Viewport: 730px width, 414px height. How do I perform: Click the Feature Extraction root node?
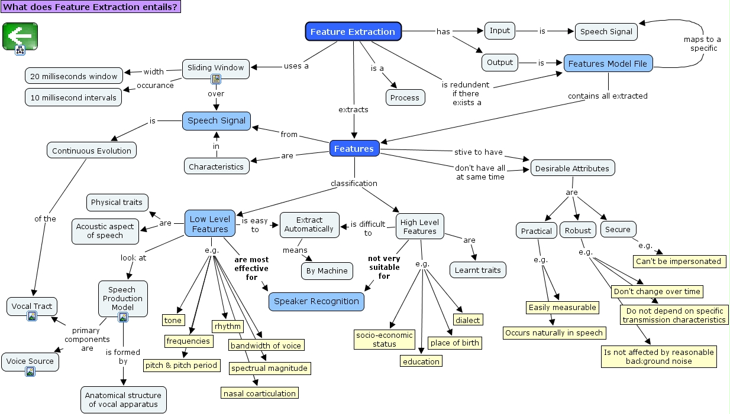353,32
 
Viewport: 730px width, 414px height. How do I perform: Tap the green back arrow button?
20,36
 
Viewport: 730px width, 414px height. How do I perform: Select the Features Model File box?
608,64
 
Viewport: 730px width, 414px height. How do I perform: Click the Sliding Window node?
215,67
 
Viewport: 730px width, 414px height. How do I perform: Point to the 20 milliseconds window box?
74,76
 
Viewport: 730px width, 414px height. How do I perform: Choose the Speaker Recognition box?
316,301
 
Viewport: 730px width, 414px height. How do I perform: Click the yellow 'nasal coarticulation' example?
259,393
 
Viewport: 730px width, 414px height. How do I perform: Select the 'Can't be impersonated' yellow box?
679,261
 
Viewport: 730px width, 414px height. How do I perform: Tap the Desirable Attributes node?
572,168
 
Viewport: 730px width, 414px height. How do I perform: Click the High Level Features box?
419,227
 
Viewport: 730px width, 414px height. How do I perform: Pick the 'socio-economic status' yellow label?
385,339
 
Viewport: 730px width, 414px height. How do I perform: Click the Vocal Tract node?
32,306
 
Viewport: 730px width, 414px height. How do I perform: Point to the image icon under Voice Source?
30,371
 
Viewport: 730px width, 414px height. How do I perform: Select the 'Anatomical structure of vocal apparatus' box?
123,400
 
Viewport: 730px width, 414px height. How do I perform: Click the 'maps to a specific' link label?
702,44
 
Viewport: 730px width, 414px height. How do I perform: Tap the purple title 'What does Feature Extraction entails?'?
90,7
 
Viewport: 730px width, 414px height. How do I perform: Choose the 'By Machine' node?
327,270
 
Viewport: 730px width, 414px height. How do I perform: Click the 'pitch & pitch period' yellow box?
182,365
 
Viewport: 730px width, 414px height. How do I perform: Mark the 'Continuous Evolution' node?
91,151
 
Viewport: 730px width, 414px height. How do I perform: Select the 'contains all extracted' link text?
607,96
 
